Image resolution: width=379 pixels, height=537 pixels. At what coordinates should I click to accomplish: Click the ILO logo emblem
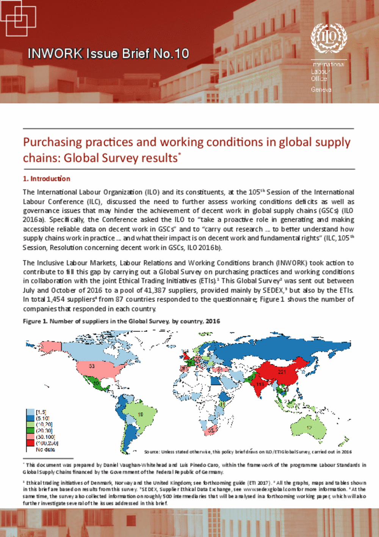tap(329, 38)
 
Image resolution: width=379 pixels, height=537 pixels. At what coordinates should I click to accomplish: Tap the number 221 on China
tap(282, 372)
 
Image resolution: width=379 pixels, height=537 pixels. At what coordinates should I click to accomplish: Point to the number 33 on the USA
tap(92, 366)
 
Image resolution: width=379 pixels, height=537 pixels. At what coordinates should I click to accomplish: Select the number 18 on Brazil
tap(141, 414)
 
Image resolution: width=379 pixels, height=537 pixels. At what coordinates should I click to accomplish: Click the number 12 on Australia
tap(309, 428)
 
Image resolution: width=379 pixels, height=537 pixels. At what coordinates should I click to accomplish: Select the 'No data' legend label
tap(45, 450)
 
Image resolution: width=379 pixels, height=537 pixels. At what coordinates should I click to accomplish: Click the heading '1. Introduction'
tap(47, 179)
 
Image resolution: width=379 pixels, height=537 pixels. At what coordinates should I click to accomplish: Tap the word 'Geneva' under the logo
tap(321, 90)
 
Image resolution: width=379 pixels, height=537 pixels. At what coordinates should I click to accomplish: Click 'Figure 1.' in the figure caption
tap(35, 321)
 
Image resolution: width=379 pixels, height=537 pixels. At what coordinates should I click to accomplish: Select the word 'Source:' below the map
tap(152, 452)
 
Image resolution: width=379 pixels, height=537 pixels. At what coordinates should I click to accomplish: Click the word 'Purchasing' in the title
tap(53, 142)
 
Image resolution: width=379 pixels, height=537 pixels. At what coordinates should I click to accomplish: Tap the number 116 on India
tap(260, 384)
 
